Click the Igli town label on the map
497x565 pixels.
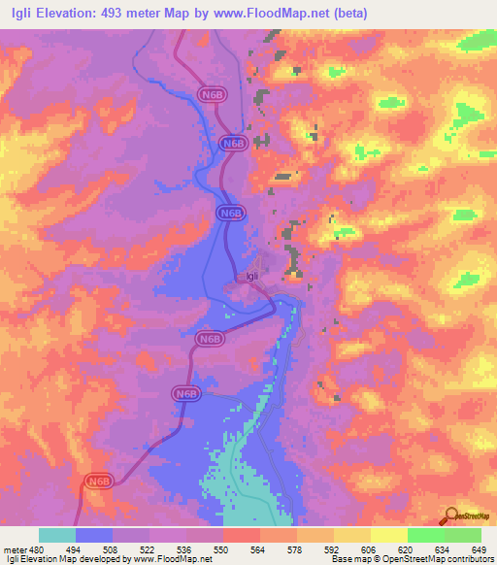251,275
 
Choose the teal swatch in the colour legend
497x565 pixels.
57,535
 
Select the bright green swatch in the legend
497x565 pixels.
426,535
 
